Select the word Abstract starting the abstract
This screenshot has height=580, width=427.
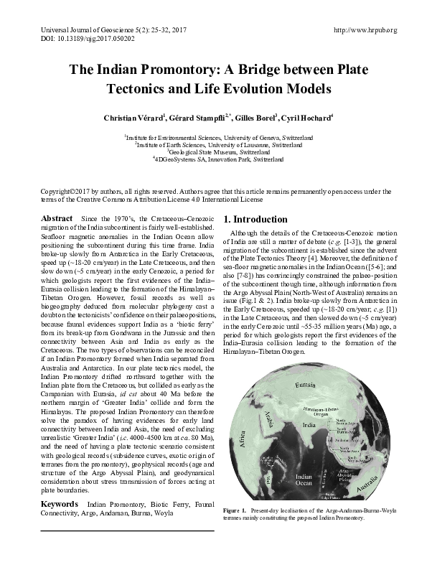point(57,218)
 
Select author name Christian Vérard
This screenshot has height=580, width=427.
point(141,117)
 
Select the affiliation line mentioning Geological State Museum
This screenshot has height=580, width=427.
point(213,152)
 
